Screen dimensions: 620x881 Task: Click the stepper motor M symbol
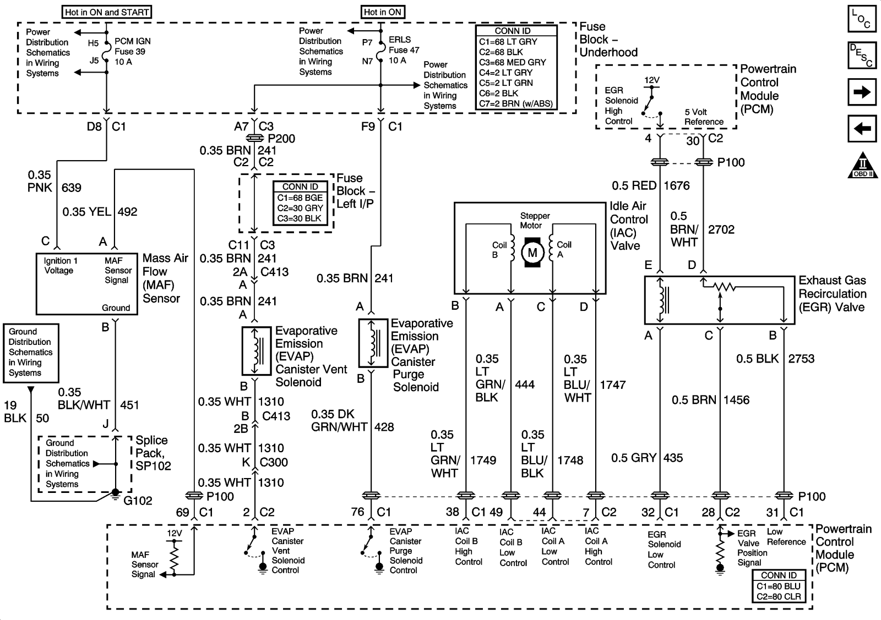532,253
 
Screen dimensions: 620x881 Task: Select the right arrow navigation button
862,92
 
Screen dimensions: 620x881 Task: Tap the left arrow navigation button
862,129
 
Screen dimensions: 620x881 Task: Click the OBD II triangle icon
862,165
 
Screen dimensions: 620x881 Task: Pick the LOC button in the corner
862,19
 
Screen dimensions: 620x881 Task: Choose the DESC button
862,55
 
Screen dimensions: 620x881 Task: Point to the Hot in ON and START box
107,12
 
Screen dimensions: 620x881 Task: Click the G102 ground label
138,501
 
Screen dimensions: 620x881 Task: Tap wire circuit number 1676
677,186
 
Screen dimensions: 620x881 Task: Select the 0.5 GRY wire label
634,458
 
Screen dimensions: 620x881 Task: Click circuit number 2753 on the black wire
801,359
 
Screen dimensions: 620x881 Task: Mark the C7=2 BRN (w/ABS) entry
515,103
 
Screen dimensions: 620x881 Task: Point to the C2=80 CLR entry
779,596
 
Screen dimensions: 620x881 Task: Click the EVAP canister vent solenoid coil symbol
256,350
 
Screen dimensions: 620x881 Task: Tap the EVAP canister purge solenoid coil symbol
373,343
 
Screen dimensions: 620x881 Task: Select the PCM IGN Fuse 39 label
132,51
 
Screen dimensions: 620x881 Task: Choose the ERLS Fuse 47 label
404,50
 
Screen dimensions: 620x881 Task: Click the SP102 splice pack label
153,453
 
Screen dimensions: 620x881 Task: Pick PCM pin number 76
357,512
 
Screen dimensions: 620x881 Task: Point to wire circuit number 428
384,427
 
